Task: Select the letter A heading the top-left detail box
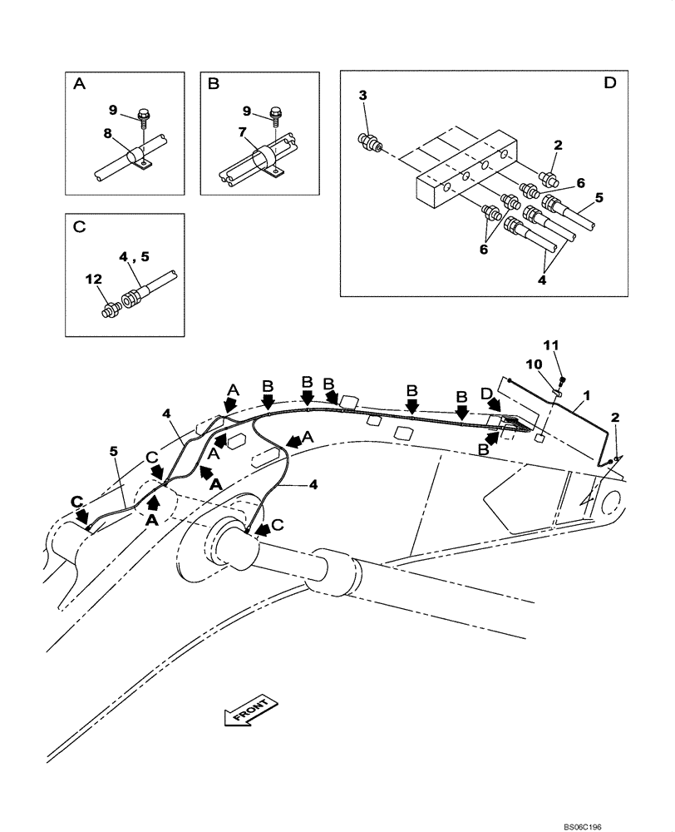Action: pyautogui.click(x=79, y=83)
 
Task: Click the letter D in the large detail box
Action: pyautogui.click(x=609, y=83)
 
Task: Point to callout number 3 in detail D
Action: pyautogui.click(x=362, y=97)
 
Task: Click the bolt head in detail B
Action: pyautogui.click(x=278, y=111)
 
